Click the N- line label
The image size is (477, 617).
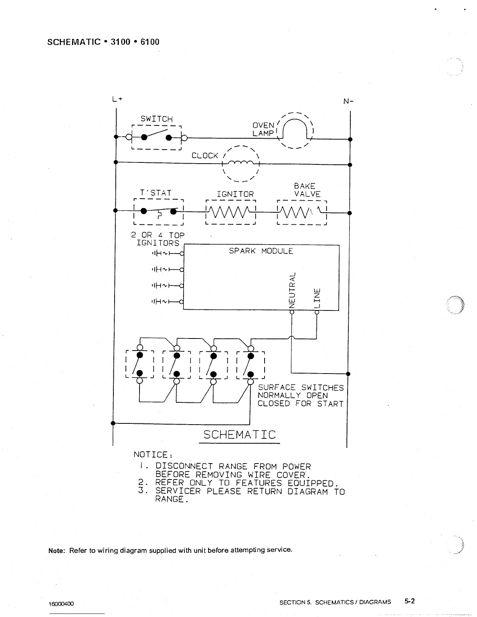(348, 102)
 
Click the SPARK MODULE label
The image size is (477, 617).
(261, 251)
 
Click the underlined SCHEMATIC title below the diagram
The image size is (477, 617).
(239, 435)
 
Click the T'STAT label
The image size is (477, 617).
(155, 193)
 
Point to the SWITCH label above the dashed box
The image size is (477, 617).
(156, 119)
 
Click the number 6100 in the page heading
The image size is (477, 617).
(150, 42)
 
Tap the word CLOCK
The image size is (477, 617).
(205, 156)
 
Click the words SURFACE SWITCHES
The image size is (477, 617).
(301, 388)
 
